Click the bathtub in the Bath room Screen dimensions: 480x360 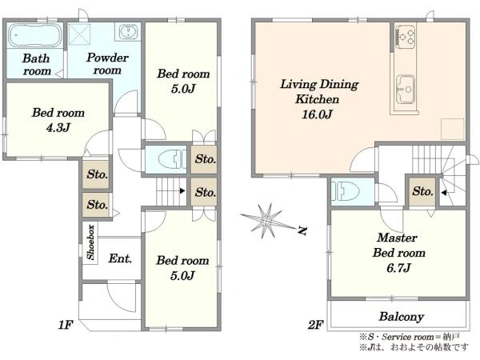point(34,35)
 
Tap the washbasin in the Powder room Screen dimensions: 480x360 point(128,31)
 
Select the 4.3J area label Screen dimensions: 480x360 point(58,127)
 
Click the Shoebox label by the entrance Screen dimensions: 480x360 point(90,242)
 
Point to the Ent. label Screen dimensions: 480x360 point(120,258)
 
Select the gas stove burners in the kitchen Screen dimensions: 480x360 point(406,36)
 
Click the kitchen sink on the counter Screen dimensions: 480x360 point(406,90)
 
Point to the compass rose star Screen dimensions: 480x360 point(266,221)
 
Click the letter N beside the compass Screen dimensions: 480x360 point(302,230)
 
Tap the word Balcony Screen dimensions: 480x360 point(402,317)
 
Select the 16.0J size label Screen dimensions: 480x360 point(317,114)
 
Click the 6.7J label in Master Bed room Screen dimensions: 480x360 point(398,268)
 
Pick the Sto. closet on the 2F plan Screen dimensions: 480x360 point(422,191)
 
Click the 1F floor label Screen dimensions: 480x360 point(66,325)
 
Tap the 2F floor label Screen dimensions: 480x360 point(316,325)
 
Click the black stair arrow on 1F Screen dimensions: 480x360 point(182,191)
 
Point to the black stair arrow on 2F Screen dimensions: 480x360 point(443,193)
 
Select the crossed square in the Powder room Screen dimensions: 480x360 point(79,34)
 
